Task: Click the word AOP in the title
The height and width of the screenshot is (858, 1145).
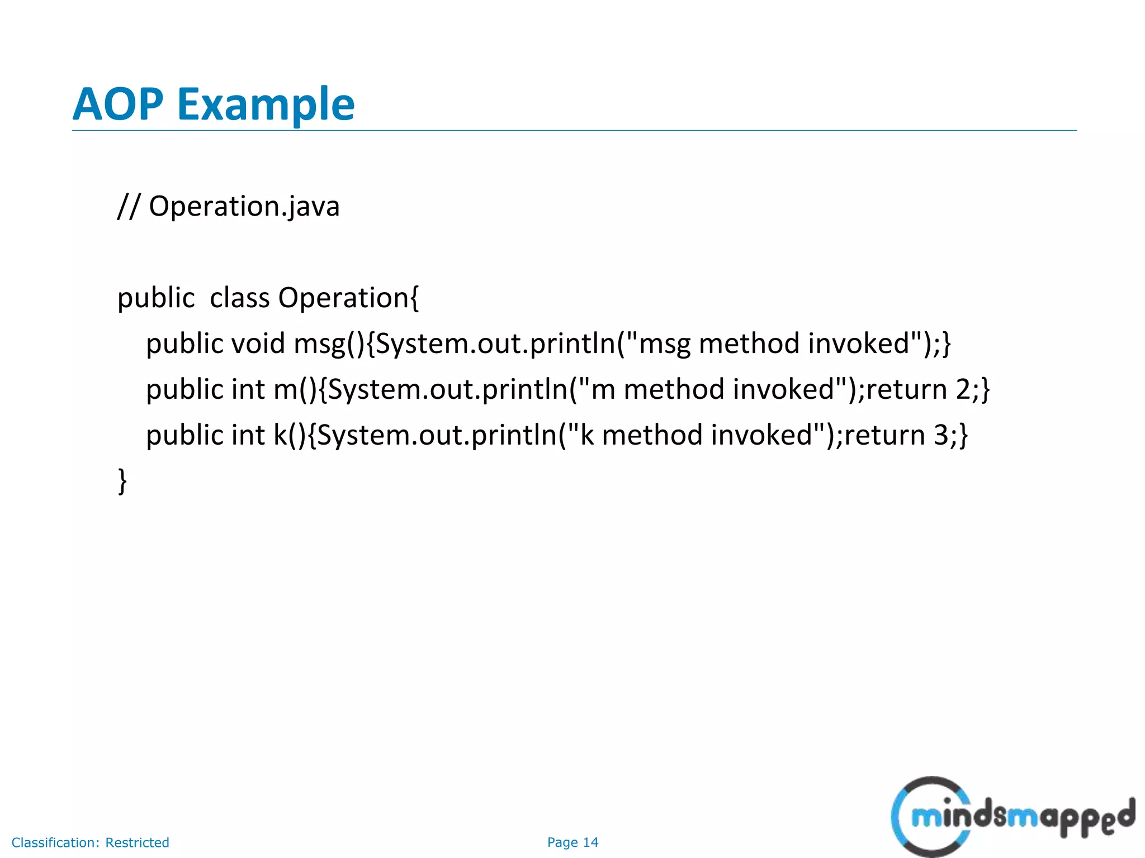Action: click(118, 104)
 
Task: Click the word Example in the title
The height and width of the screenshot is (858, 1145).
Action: click(266, 104)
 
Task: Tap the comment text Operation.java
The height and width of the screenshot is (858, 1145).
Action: click(244, 207)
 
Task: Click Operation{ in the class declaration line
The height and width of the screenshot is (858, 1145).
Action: click(348, 298)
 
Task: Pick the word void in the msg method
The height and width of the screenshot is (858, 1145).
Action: click(258, 344)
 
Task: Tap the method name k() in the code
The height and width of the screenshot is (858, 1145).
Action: click(290, 436)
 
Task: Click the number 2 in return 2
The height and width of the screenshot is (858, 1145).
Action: click(963, 389)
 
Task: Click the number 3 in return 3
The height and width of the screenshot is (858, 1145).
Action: click(941, 435)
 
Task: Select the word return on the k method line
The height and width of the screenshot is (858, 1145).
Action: click(884, 435)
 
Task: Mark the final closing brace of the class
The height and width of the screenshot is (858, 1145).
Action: click(122, 481)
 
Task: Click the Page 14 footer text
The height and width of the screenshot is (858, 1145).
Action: click(572, 842)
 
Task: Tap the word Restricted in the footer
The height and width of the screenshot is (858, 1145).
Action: click(137, 842)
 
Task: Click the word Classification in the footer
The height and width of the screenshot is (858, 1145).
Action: click(55, 842)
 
